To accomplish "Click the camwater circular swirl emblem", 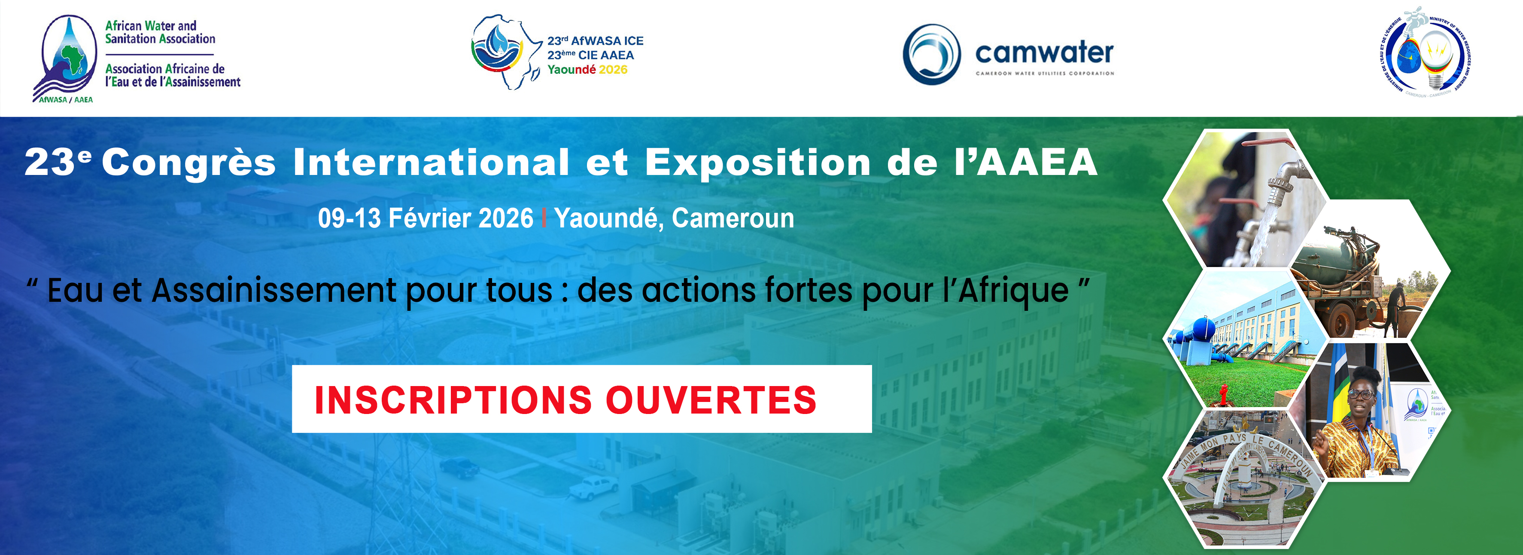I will [931, 55].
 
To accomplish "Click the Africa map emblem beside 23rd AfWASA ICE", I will [505, 52].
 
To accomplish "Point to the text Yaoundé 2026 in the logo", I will [587, 70].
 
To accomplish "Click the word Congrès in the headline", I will [189, 162].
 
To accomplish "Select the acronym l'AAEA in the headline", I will [1026, 162].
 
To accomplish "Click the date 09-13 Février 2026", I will [425, 218].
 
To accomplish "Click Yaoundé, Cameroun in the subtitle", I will [674, 218].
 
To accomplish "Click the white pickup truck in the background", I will [597, 486].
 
